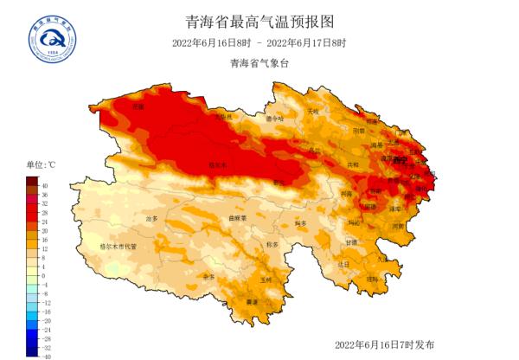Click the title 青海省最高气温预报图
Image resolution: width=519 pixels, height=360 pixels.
pyautogui.click(x=259, y=21)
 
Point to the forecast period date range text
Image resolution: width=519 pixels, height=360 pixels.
pyautogui.click(x=259, y=43)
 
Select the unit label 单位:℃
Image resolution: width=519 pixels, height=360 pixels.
pyautogui.click(x=41, y=164)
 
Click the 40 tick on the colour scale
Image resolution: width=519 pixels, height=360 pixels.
pyautogui.click(x=46, y=186)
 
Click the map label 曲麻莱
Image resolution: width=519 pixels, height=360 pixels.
pyautogui.click(x=238, y=218)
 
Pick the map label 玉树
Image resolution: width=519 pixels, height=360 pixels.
pyautogui.click(x=266, y=280)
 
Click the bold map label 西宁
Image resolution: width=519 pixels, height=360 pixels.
pyautogui.click(x=399, y=160)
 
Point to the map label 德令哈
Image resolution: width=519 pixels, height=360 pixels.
pyautogui.click(x=274, y=119)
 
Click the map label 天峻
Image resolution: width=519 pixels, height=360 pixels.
pyautogui.click(x=313, y=112)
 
